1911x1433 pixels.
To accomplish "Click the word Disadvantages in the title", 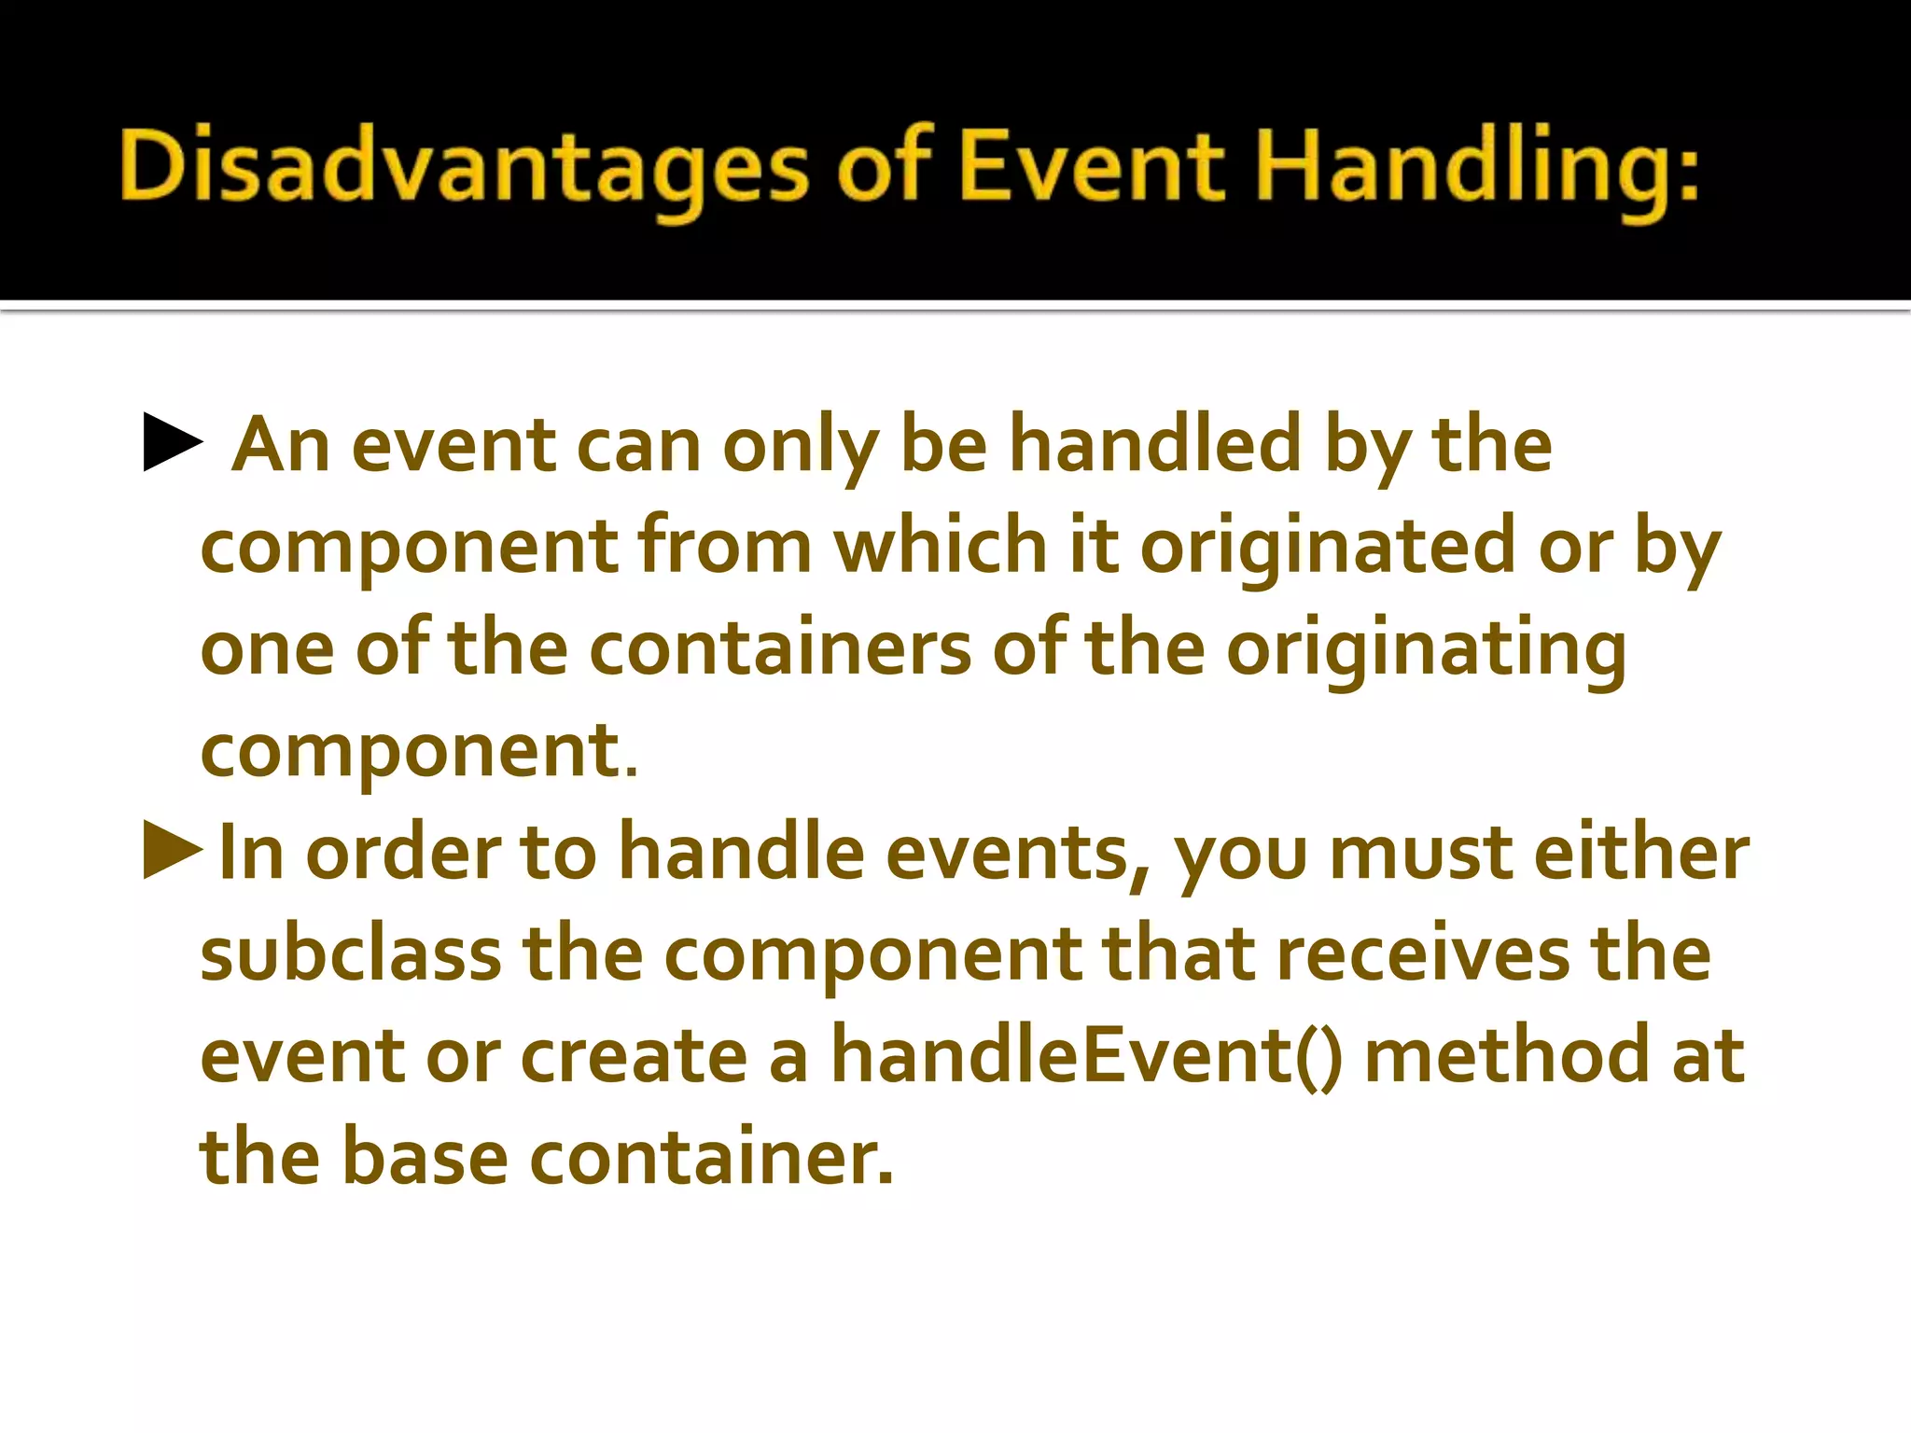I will pos(463,168).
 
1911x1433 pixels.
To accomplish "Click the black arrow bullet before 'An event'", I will pos(173,444).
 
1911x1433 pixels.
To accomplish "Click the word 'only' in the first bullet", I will pos(800,446).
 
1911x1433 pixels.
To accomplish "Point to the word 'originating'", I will pos(1426,650).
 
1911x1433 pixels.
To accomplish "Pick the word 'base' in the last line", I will pos(425,1157).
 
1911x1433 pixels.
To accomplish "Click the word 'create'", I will pos(635,1057).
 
